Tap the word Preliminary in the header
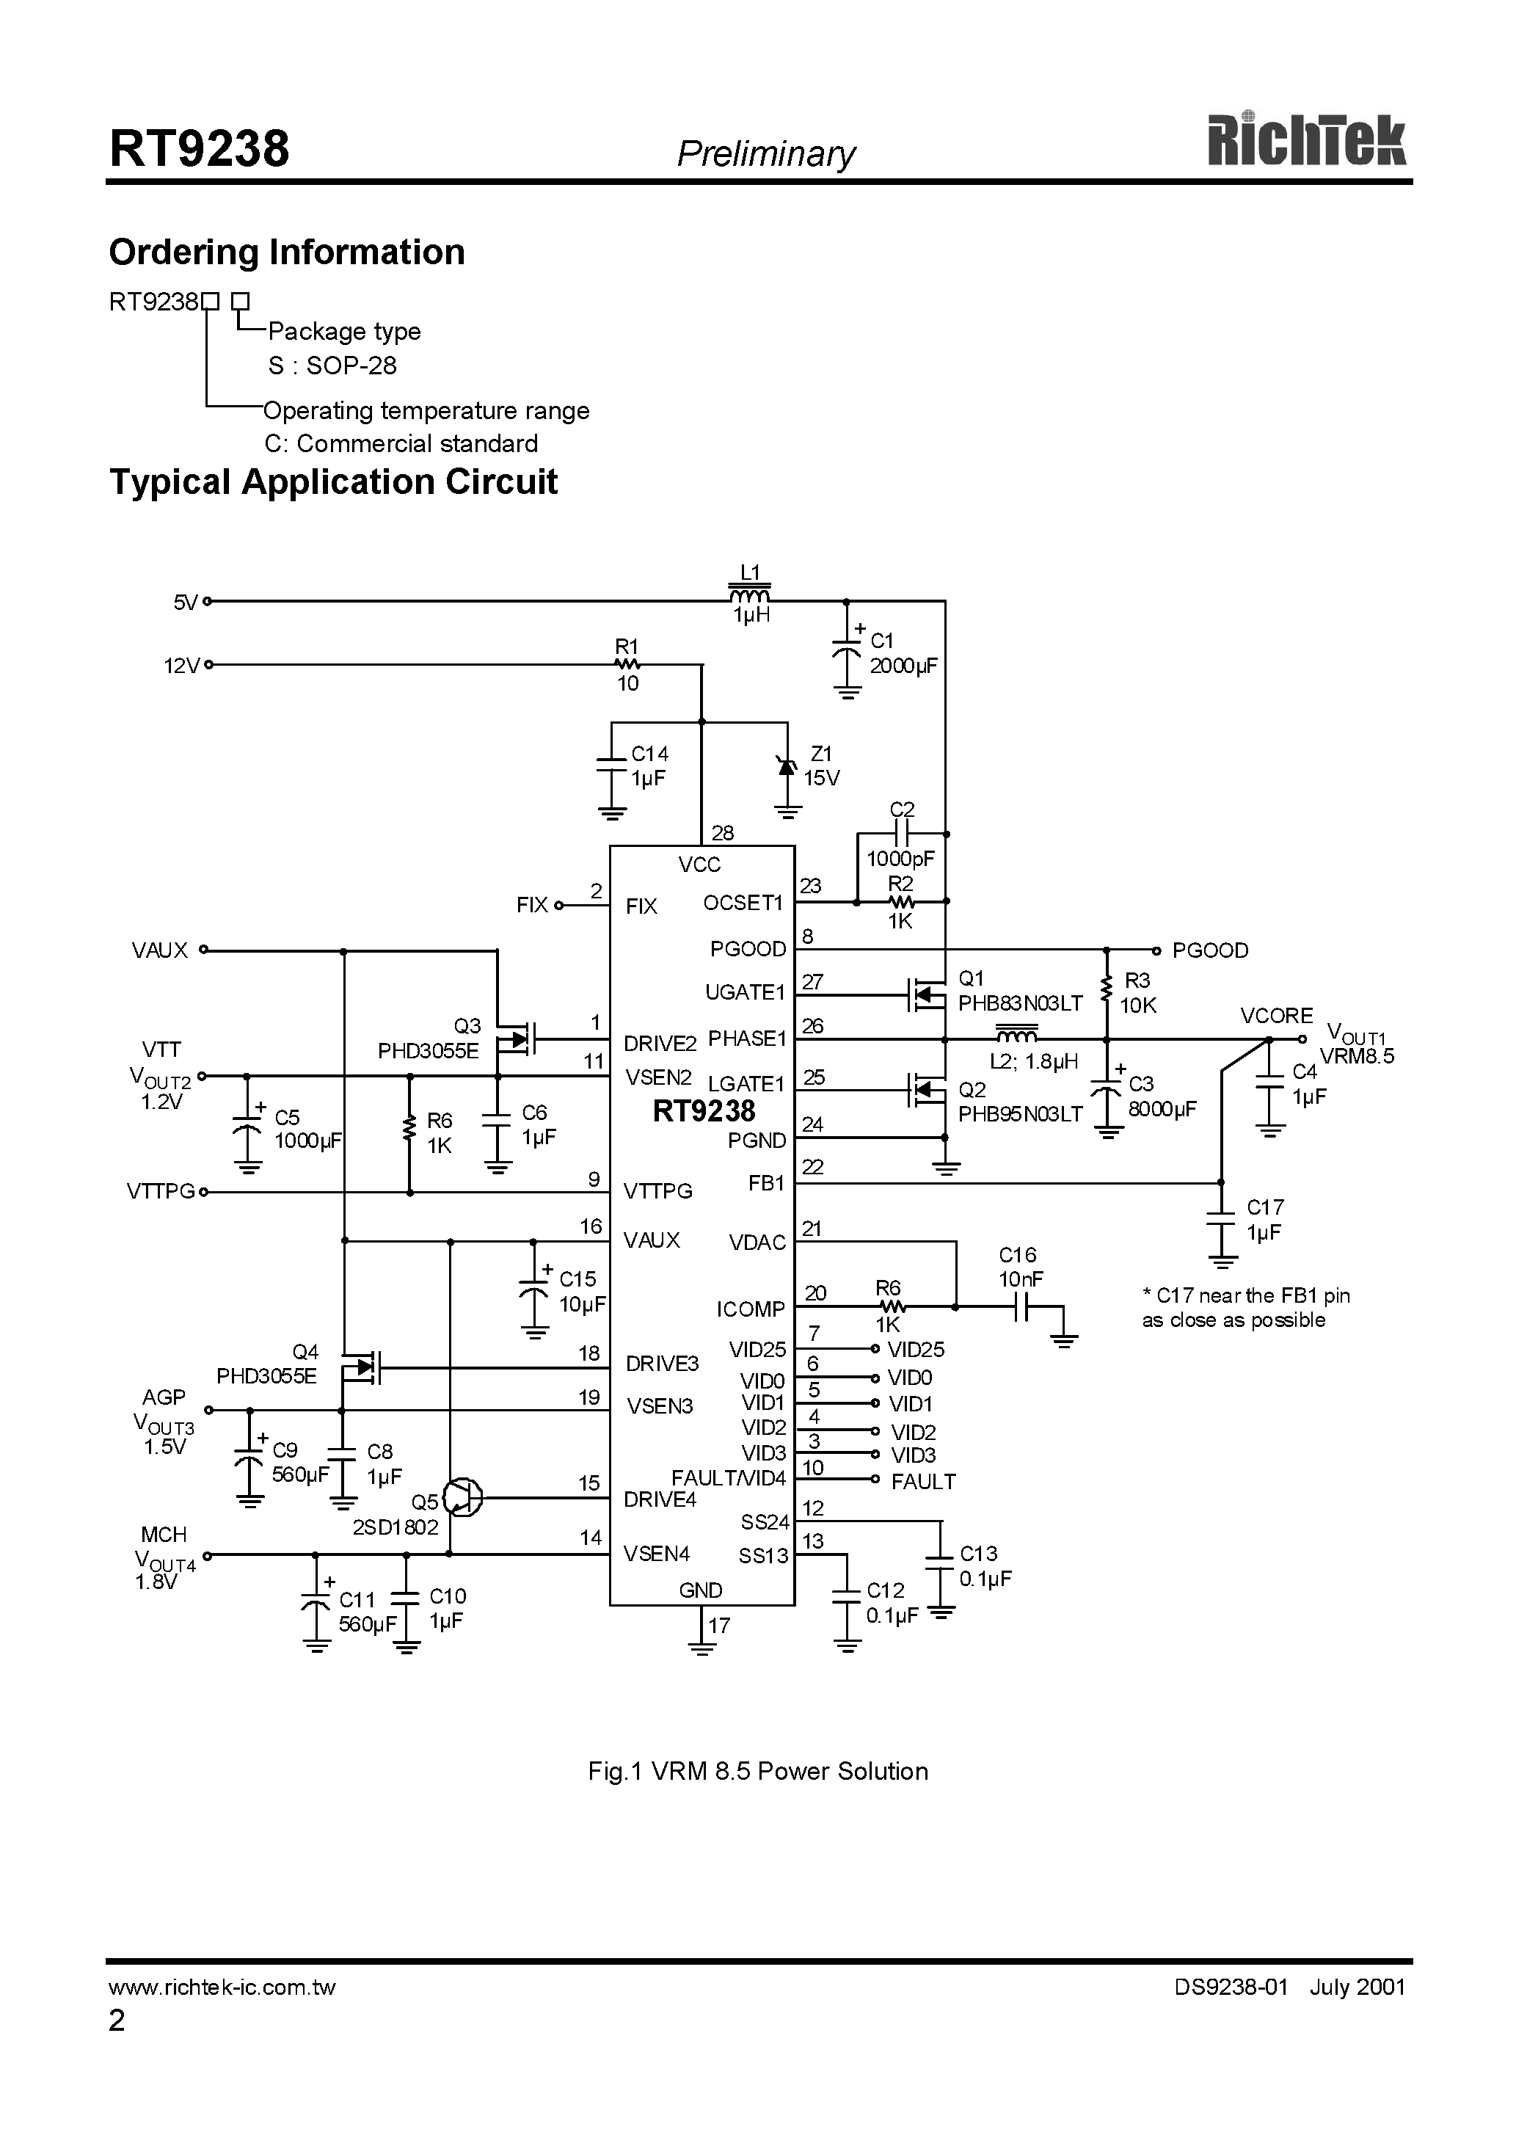point(765,153)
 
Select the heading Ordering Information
point(286,252)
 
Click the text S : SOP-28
point(332,365)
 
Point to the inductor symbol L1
point(750,595)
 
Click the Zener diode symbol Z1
point(788,766)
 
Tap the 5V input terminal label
point(185,603)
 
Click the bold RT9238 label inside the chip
point(703,1111)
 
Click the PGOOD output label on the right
point(1209,950)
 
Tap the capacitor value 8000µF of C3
point(1162,1110)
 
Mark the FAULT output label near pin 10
point(922,1482)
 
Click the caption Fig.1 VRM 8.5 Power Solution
point(757,1771)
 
